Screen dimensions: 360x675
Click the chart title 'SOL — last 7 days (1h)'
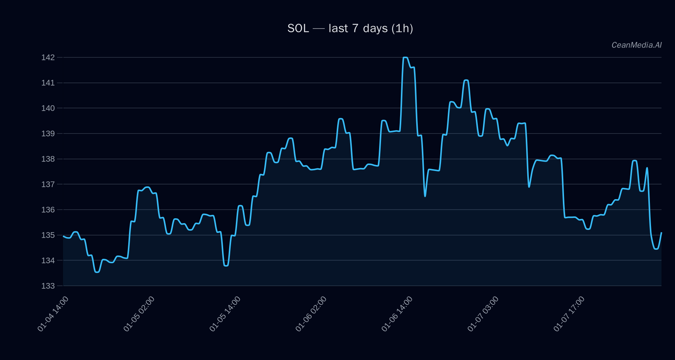tap(350, 28)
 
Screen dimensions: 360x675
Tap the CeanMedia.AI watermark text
tap(636, 45)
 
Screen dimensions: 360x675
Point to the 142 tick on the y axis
tap(48, 57)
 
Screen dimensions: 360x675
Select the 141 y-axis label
tap(48, 83)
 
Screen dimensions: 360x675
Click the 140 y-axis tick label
tap(48, 108)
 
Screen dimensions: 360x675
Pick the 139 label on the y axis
tap(48, 133)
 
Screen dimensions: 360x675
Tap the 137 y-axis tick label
tap(48, 184)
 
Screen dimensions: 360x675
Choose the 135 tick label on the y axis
tap(48, 235)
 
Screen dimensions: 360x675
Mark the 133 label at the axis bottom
tap(48, 286)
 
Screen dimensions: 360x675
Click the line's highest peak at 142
tap(405, 57)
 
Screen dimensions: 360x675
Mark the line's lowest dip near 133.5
tap(97, 272)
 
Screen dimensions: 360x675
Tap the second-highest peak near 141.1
tap(466, 80)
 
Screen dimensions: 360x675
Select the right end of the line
tap(661, 233)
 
